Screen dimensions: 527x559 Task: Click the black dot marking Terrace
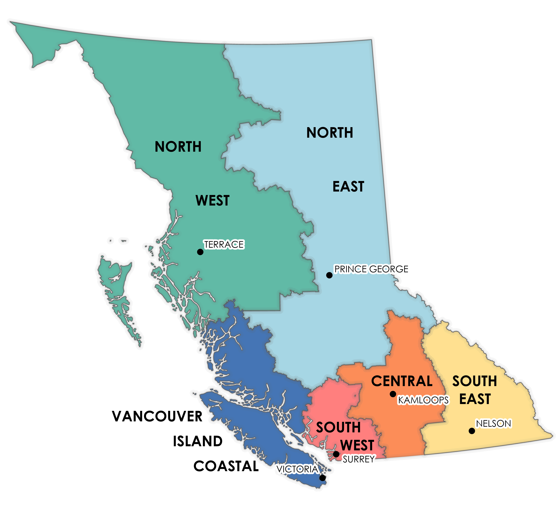pyautogui.click(x=200, y=252)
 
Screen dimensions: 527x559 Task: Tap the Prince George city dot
pyautogui.click(x=329, y=275)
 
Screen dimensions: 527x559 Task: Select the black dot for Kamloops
pyautogui.click(x=393, y=394)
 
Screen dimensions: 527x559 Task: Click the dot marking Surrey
pyautogui.click(x=336, y=454)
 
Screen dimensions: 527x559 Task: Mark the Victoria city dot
pyautogui.click(x=322, y=478)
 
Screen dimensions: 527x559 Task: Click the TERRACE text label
pyautogui.click(x=224, y=244)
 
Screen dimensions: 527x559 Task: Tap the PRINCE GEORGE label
pyautogui.click(x=371, y=269)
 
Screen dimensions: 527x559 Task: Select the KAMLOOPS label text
pyautogui.click(x=423, y=400)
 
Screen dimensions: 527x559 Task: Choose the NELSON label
pyautogui.click(x=493, y=424)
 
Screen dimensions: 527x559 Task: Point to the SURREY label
pyautogui.click(x=358, y=459)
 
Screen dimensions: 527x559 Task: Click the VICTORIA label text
pyautogui.click(x=297, y=469)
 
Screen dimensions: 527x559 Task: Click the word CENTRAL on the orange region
pyautogui.click(x=402, y=381)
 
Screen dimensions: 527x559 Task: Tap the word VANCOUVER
pyautogui.click(x=157, y=417)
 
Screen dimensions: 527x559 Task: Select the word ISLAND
pyautogui.click(x=198, y=441)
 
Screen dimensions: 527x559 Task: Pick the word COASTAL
pyautogui.click(x=226, y=466)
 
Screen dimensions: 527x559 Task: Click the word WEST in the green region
pyautogui.click(x=213, y=200)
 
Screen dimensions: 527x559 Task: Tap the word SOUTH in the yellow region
pyautogui.click(x=475, y=381)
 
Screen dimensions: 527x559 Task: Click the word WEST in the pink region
pyautogui.click(x=357, y=445)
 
